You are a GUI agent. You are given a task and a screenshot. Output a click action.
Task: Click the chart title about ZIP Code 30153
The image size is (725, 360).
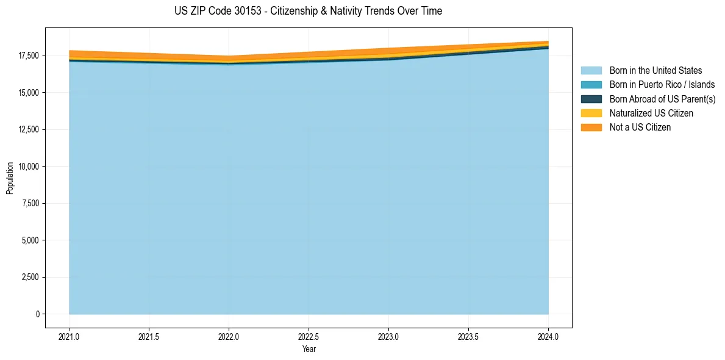click(x=309, y=11)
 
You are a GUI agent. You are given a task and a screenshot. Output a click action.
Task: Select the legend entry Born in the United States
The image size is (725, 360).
click(x=655, y=71)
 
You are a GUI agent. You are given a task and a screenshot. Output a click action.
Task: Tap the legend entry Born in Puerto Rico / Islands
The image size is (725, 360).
click(x=662, y=85)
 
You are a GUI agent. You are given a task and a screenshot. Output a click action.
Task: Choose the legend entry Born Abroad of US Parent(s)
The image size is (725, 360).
click(x=662, y=99)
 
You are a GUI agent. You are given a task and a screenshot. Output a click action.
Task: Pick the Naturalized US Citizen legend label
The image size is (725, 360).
click(x=651, y=113)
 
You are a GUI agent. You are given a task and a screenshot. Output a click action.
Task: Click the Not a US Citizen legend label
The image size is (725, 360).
click(x=640, y=128)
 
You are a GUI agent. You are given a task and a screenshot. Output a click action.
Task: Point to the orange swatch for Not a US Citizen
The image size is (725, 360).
click(x=591, y=128)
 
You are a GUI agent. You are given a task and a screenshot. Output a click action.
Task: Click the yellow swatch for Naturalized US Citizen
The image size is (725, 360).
click(x=591, y=113)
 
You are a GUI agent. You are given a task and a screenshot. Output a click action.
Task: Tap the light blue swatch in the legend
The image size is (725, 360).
click(x=591, y=71)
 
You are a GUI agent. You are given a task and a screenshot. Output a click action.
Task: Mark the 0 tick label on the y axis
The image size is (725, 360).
click(x=37, y=314)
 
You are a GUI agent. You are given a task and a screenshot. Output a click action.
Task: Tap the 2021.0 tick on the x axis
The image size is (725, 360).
click(x=70, y=336)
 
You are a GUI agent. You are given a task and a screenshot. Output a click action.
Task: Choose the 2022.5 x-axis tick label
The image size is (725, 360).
click(x=309, y=336)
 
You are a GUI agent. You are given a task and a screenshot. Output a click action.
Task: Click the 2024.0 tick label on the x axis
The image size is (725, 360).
click(x=548, y=336)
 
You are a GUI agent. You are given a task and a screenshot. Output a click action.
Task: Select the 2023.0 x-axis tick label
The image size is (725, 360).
click(x=388, y=336)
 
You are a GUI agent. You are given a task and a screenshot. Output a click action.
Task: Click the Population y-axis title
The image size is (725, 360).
click(x=10, y=178)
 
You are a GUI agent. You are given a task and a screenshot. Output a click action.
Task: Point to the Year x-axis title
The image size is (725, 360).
click(x=309, y=350)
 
